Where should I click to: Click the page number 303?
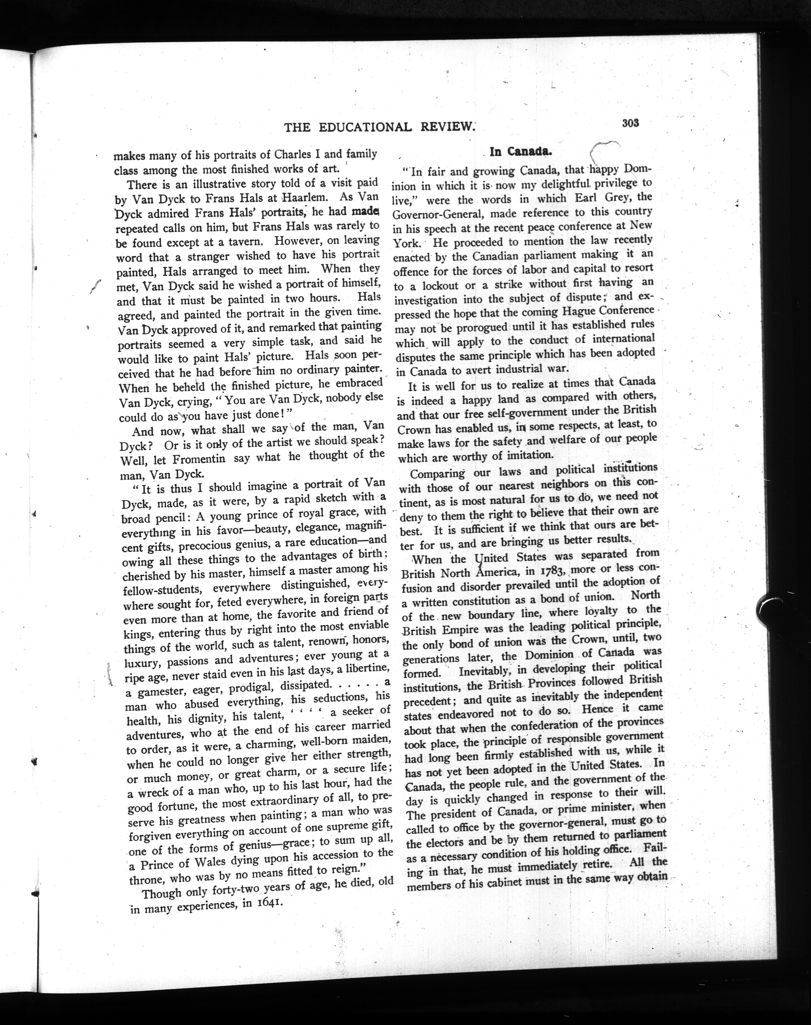pos(630,123)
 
